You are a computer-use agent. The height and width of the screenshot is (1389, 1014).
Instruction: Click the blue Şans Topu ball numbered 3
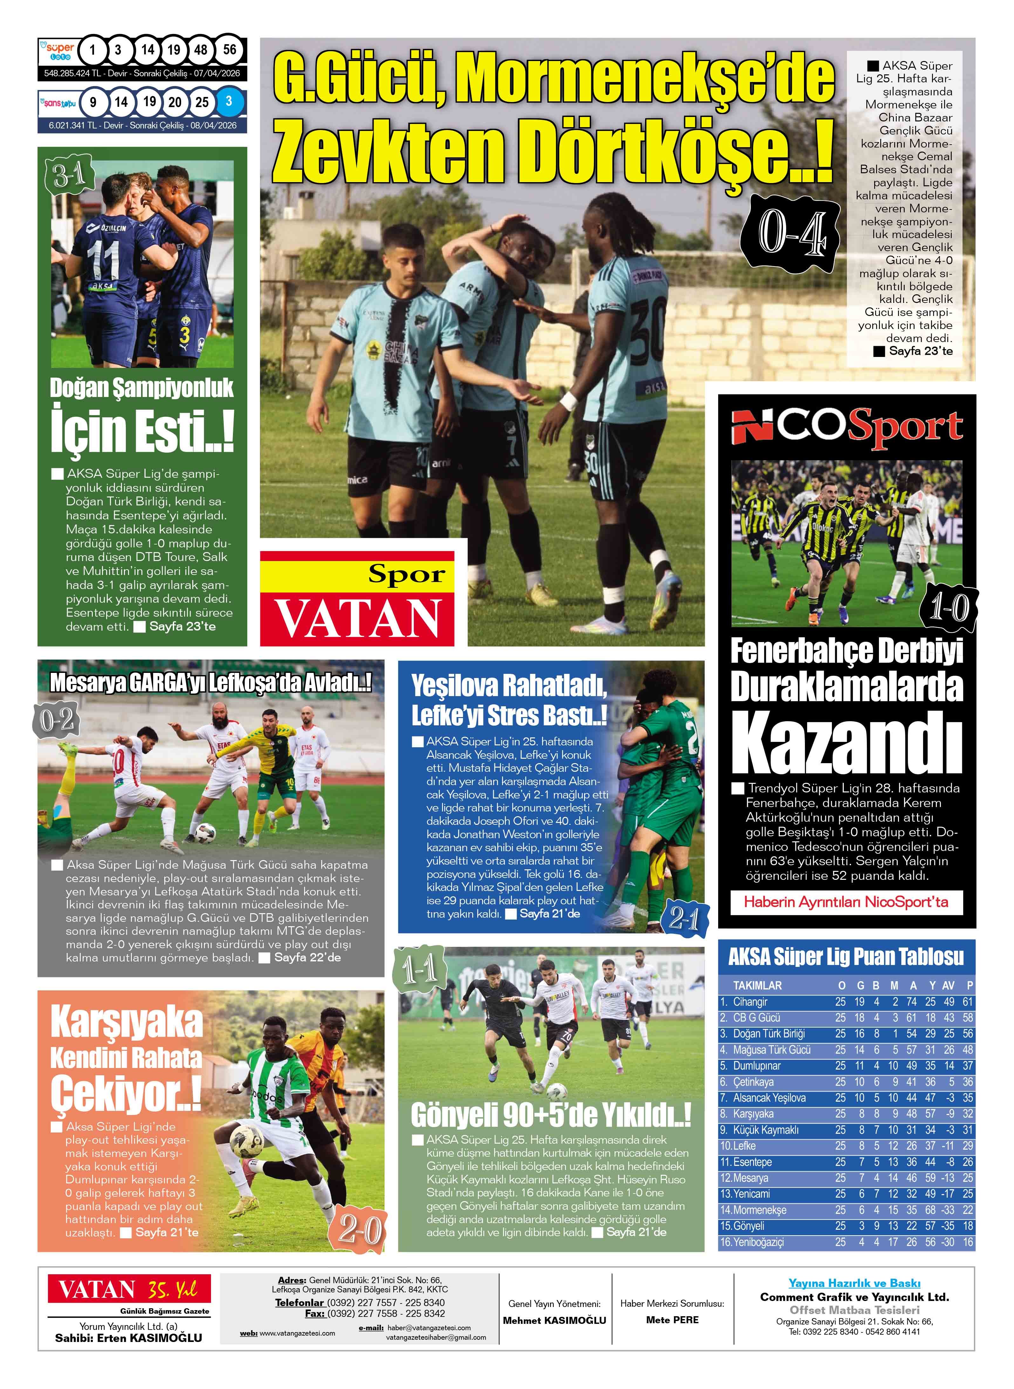[228, 101]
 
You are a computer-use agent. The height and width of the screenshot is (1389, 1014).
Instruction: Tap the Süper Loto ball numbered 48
[201, 50]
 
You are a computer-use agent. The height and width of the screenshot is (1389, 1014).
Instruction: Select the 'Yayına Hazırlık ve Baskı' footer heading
[854, 1283]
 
